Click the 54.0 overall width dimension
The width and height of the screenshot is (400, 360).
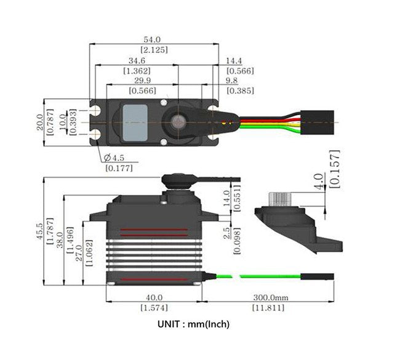click(x=154, y=39)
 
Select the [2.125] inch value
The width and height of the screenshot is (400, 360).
click(x=154, y=49)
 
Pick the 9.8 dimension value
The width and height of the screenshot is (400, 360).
click(x=231, y=81)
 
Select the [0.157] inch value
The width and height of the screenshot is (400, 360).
click(x=334, y=167)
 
